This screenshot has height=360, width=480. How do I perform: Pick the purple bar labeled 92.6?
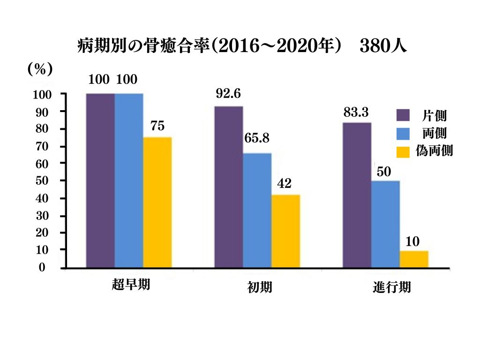(x=229, y=187)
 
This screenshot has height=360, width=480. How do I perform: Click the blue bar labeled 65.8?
(x=257, y=210)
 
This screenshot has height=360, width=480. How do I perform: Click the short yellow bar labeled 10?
(x=414, y=259)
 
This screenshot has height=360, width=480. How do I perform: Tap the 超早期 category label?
(x=131, y=285)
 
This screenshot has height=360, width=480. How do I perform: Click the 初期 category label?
(x=259, y=287)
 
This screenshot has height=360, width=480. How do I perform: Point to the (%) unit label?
(x=40, y=69)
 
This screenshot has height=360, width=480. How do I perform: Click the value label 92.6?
(x=228, y=94)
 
